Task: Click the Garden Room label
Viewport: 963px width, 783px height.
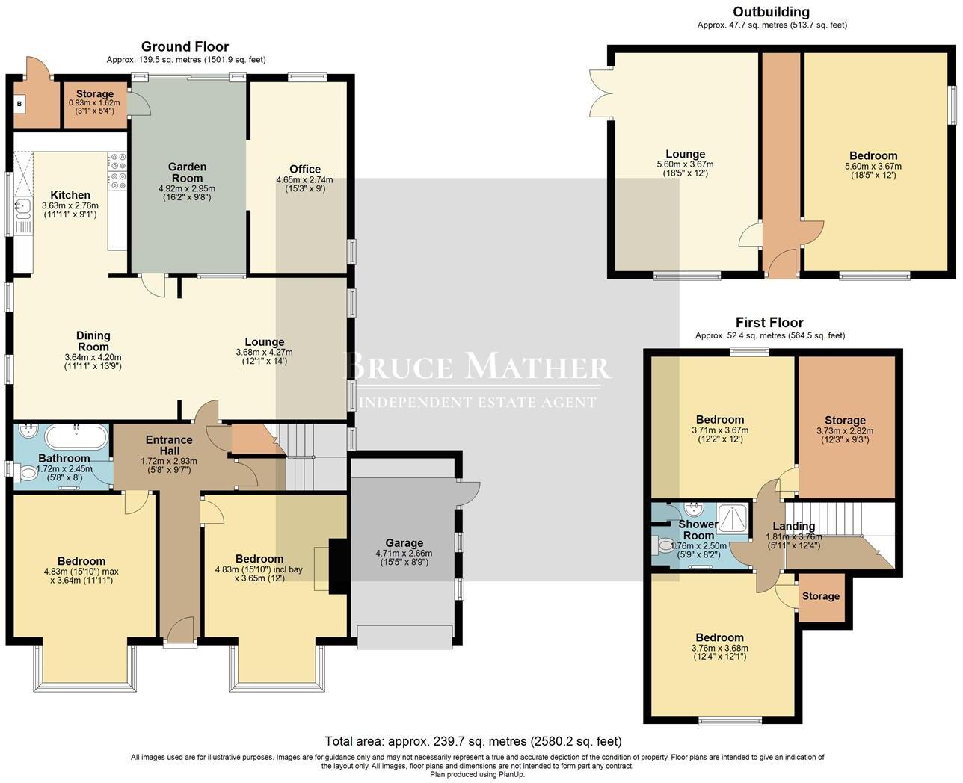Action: (187, 173)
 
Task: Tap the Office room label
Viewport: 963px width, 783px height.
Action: (305, 169)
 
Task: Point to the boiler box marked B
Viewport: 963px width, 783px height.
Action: (19, 104)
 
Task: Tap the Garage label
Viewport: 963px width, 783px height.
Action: (404, 543)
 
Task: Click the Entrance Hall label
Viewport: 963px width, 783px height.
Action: (169, 445)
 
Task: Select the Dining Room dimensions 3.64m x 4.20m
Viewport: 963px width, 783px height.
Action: (93, 357)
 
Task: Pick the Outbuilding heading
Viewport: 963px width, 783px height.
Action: (771, 12)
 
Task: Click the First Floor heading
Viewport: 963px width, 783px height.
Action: (769, 323)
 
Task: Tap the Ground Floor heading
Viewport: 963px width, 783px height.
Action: (185, 47)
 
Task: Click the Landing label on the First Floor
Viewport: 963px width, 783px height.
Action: (793, 526)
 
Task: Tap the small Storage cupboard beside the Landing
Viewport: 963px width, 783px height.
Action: (821, 596)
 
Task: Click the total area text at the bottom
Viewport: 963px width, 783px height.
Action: (473, 742)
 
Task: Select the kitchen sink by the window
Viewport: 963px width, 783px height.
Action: (22, 207)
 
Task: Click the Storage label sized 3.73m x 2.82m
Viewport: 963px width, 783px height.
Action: (845, 421)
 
